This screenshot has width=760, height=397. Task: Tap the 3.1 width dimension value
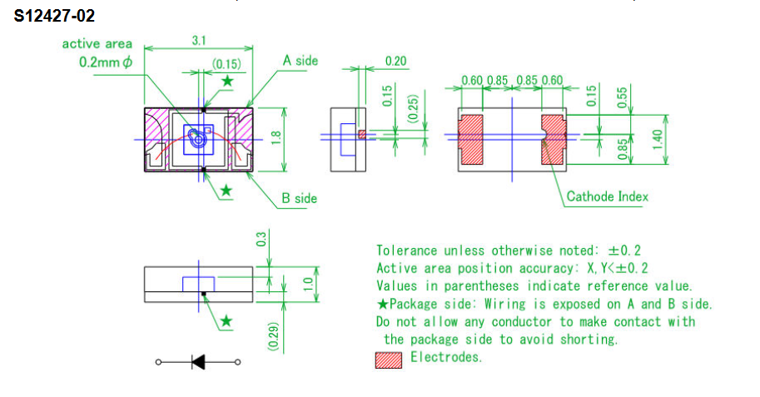(198, 41)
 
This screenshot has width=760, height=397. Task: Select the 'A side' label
(300, 61)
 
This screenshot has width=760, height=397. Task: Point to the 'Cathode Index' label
(607, 197)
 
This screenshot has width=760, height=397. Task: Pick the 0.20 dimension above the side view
(396, 61)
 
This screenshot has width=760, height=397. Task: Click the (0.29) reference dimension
(273, 333)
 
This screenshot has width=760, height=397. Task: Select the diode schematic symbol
(199, 361)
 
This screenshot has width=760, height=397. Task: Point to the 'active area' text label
(97, 43)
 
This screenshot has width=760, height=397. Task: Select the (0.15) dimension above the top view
(226, 64)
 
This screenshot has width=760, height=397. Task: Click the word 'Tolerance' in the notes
(406, 251)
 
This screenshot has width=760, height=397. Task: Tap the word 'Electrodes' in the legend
(445, 358)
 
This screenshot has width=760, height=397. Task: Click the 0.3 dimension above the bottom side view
(261, 239)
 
